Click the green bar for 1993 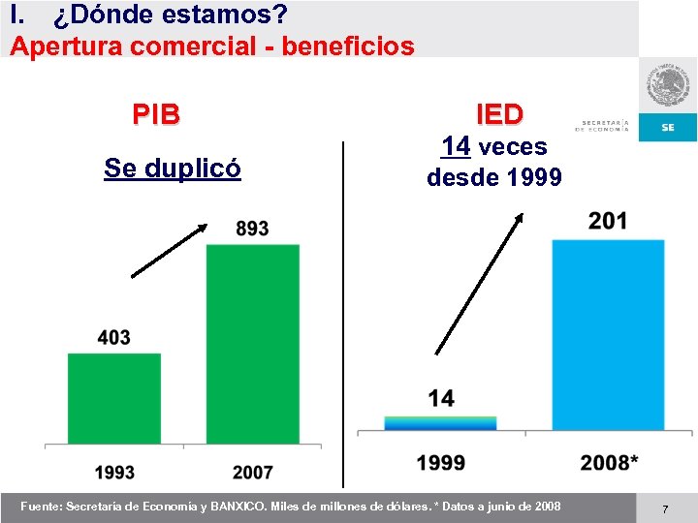114,398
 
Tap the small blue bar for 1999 440,423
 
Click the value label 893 252,229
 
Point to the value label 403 113,337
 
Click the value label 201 608,222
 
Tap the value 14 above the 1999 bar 440,398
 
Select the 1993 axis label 114,473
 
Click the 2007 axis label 253,473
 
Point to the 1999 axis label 440,463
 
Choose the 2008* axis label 609,463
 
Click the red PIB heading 156,114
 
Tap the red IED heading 499,114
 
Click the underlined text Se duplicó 173,169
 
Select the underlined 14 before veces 456,147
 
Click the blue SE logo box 668,127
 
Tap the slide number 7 665,508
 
